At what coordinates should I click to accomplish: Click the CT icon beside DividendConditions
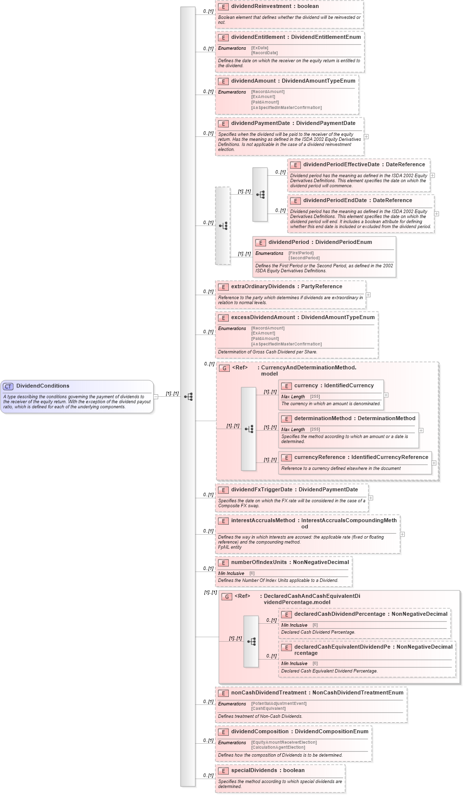pyautogui.click(x=8, y=386)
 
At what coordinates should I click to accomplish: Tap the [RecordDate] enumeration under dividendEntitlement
pyautogui.click(x=264, y=53)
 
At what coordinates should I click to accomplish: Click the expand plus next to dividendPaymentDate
pyautogui.click(x=366, y=136)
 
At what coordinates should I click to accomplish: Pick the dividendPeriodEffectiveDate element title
pyautogui.click(x=341, y=165)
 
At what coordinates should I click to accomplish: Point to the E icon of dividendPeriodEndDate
pyautogui.click(x=295, y=201)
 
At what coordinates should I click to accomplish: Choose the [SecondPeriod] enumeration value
pyautogui.click(x=304, y=258)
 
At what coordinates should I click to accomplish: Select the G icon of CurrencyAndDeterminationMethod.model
pyautogui.click(x=224, y=368)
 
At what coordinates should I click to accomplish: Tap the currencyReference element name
pyautogui.click(x=319, y=457)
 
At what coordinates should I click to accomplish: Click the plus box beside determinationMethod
pyautogui.click(x=421, y=431)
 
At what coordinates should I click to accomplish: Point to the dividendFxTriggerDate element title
pyautogui.click(x=262, y=490)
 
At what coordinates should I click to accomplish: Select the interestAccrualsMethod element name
pyautogui.click(x=263, y=521)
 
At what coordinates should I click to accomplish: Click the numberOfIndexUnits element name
pyautogui.click(x=259, y=563)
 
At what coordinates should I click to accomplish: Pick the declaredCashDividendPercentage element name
pyautogui.click(x=339, y=614)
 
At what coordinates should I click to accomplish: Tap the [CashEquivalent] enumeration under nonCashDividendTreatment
pyautogui.click(x=268, y=708)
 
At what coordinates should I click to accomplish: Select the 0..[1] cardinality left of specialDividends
pyautogui.click(x=208, y=776)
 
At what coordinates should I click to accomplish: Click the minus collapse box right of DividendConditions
pyautogui.click(x=156, y=397)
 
